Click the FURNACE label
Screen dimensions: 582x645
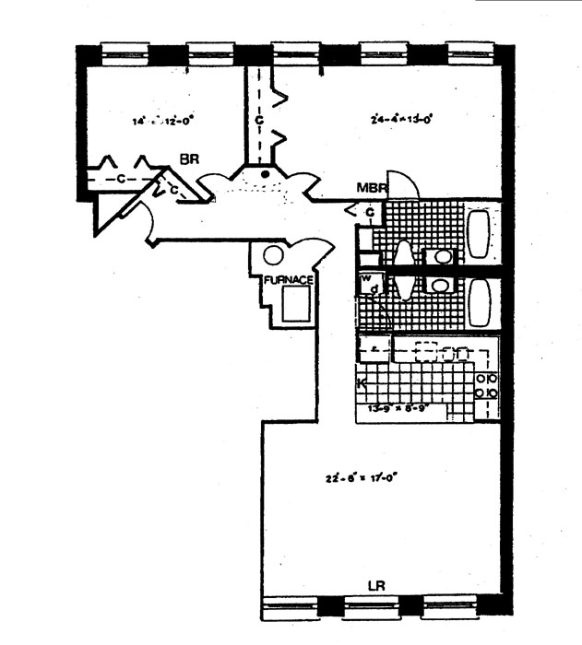290,279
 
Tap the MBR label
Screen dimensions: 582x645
371,190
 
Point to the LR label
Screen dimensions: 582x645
375,584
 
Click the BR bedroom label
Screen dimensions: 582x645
189,159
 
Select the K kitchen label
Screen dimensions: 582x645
362,381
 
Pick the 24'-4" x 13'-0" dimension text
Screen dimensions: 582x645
401,119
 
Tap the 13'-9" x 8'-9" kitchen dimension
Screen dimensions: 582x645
400,408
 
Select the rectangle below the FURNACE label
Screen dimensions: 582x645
297,303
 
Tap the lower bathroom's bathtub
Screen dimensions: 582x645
481,302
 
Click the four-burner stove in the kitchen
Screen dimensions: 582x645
486,385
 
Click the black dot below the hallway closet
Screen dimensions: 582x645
266,172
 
